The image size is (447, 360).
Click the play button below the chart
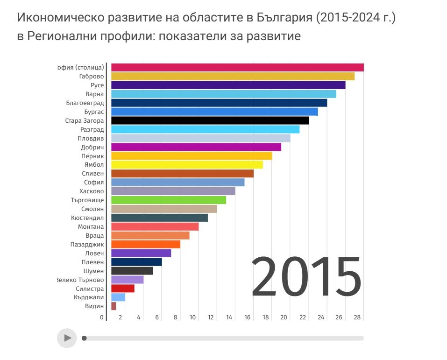(x=67, y=338)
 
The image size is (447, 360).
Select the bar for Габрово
(x=233, y=77)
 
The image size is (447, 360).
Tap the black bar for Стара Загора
(x=210, y=120)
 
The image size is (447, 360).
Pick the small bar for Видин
(x=114, y=306)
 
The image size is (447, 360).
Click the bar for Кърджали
(x=118, y=297)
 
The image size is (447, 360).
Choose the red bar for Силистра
(x=123, y=289)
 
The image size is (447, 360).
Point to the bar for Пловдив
(x=201, y=138)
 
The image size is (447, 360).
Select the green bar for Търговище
(x=169, y=200)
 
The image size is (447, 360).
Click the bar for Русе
(x=228, y=85)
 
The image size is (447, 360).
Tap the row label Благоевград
(x=85, y=103)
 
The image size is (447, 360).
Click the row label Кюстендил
(x=87, y=218)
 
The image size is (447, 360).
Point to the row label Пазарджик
(x=87, y=245)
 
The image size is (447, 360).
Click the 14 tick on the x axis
(x=229, y=318)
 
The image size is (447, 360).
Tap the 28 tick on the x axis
(x=357, y=318)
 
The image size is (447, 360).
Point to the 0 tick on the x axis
(x=102, y=318)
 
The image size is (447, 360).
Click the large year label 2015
(x=306, y=278)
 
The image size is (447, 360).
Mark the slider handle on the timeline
(x=84, y=338)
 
